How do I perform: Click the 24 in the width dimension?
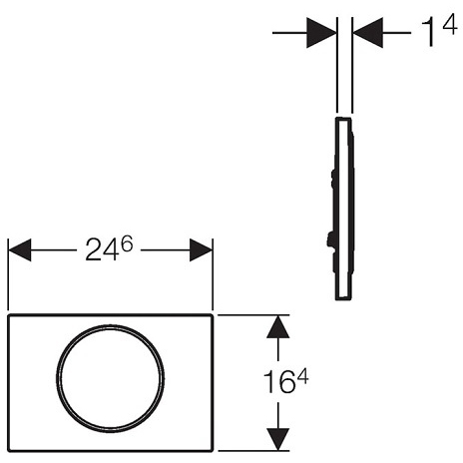coord(102,250)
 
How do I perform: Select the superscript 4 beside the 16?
coord(302,377)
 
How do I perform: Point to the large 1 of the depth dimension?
coord(430,32)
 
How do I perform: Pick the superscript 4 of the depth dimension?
coord(450,26)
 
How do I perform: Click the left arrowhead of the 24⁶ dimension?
coord(20,249)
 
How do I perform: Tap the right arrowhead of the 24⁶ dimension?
coord(201,249)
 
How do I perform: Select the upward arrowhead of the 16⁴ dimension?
coord(277,326)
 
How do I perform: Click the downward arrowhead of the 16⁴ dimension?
coord(277,439)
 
